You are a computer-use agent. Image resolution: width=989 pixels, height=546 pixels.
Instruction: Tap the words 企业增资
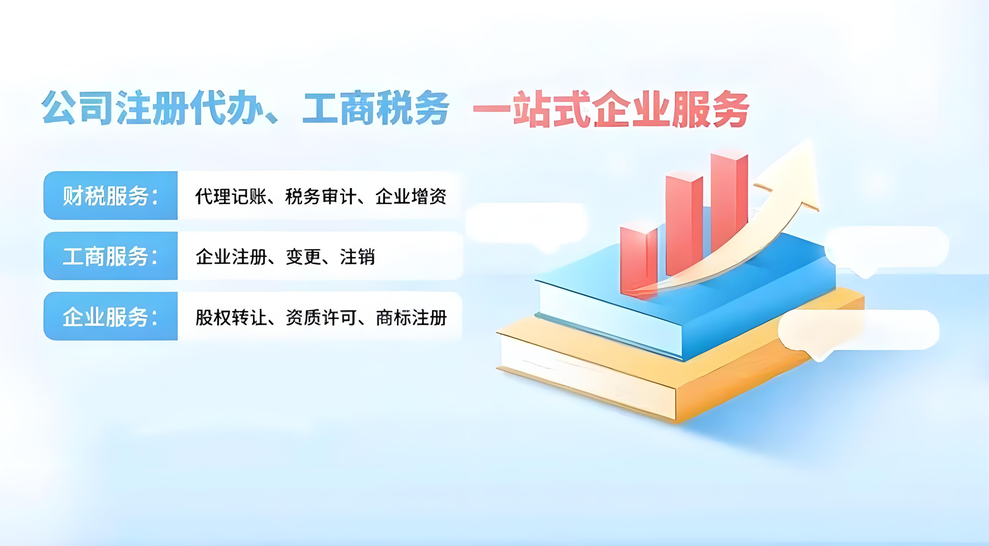coord(411,196)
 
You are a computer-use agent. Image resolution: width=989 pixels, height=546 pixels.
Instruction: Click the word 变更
coord(303,257)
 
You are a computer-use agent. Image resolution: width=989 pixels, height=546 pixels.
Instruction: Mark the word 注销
coord(357,257)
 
